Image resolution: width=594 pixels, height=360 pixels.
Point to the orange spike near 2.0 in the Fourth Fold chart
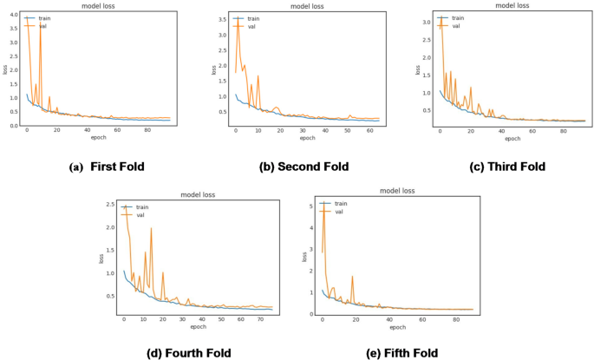[151, 228]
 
